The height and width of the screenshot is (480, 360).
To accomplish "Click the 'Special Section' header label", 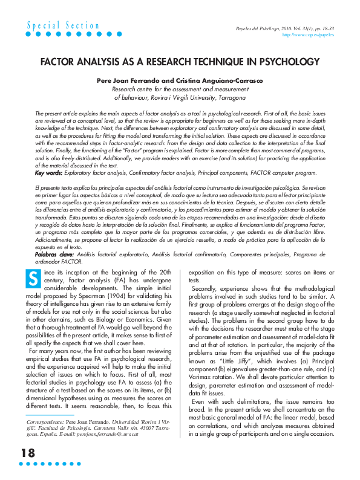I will [x=63, y=25].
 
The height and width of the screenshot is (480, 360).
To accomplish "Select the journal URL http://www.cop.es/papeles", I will [x=309, y=36].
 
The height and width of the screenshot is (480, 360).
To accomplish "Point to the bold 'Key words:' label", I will [x=48, y=156].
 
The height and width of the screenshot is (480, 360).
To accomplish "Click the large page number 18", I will [x=28, y=453].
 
